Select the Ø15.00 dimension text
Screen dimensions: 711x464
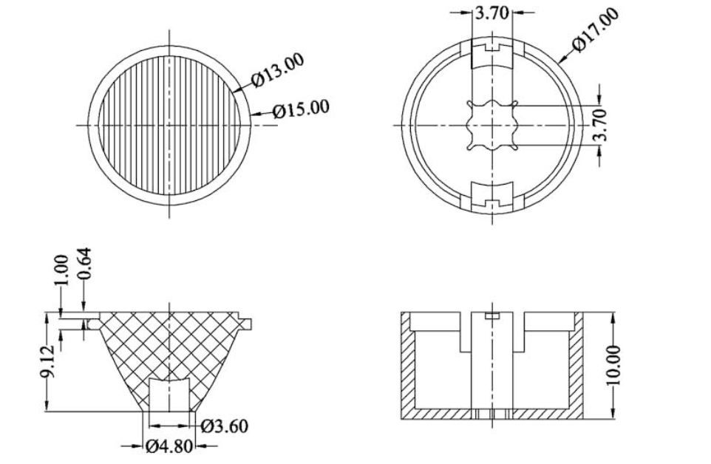pos(301,109)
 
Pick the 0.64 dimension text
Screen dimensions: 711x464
pos(84,264)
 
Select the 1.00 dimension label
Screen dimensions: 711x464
pos(61,270)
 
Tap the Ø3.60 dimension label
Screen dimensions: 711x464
pos(225,426)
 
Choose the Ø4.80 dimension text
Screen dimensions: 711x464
pos(169,447)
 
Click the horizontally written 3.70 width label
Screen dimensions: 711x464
pos(491,13)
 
